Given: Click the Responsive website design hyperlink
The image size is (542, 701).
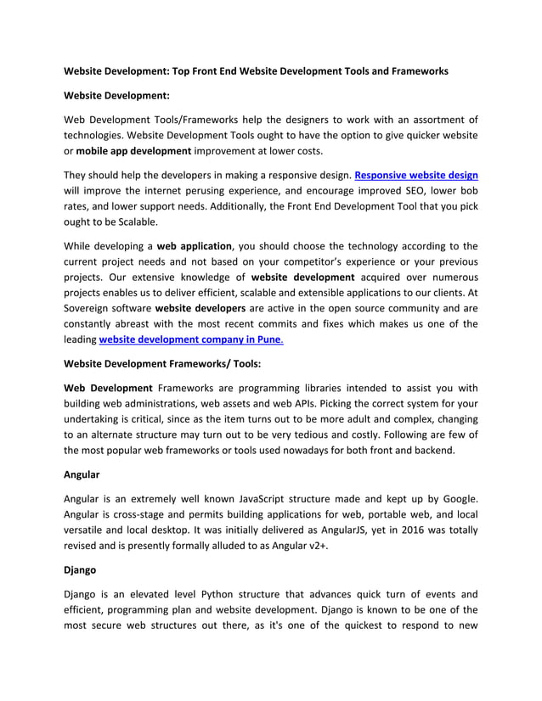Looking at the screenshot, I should pyautogui.click(x=415, y=175).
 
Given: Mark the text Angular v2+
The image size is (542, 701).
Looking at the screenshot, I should pyautogui.click(x=295, y=547).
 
